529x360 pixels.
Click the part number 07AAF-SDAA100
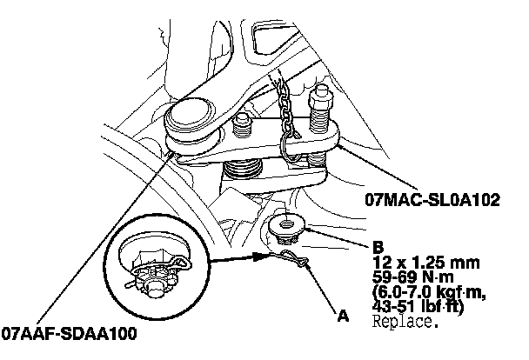pos(69,333)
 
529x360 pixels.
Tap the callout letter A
pos(343,316)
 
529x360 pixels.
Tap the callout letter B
pos(378,246)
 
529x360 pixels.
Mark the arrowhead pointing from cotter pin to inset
pos(258,257)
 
